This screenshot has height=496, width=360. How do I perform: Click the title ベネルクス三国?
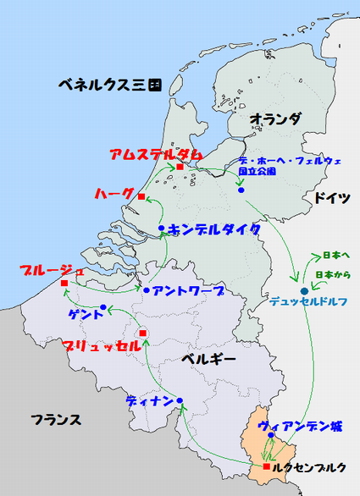click(110, 85)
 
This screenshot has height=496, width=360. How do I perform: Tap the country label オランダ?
click(276, 120)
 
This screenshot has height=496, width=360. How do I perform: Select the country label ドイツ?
click(332, 198)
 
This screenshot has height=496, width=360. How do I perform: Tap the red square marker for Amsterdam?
click(180, 167)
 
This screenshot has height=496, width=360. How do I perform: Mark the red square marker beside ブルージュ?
click(64, 283)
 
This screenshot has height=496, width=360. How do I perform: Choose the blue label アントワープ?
click(189, 291)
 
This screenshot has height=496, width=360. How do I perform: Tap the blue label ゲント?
click(86, 313)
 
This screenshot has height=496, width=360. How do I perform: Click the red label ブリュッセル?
click(102, 345)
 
